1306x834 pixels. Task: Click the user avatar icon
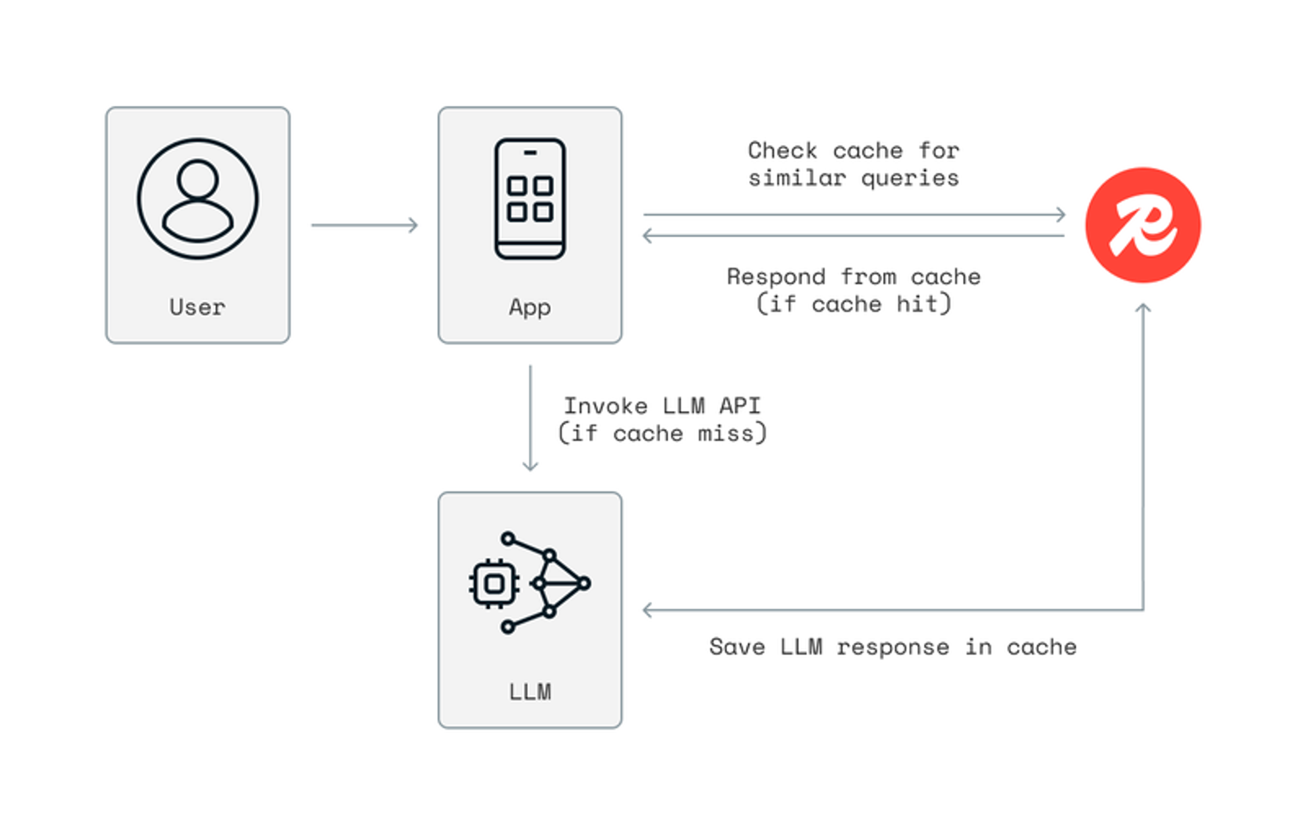tap(198, 199)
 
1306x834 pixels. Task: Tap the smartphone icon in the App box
tap(530, 199)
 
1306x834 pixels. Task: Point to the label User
tap(197, 307)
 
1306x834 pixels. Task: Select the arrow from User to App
tap(365, 225)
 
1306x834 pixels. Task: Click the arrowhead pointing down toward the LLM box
tap(530, 465)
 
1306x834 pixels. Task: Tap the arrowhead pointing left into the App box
tap(648, 235)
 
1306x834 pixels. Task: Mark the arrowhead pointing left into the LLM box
tap(648, 610)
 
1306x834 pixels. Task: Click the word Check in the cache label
tap(782, 151)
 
